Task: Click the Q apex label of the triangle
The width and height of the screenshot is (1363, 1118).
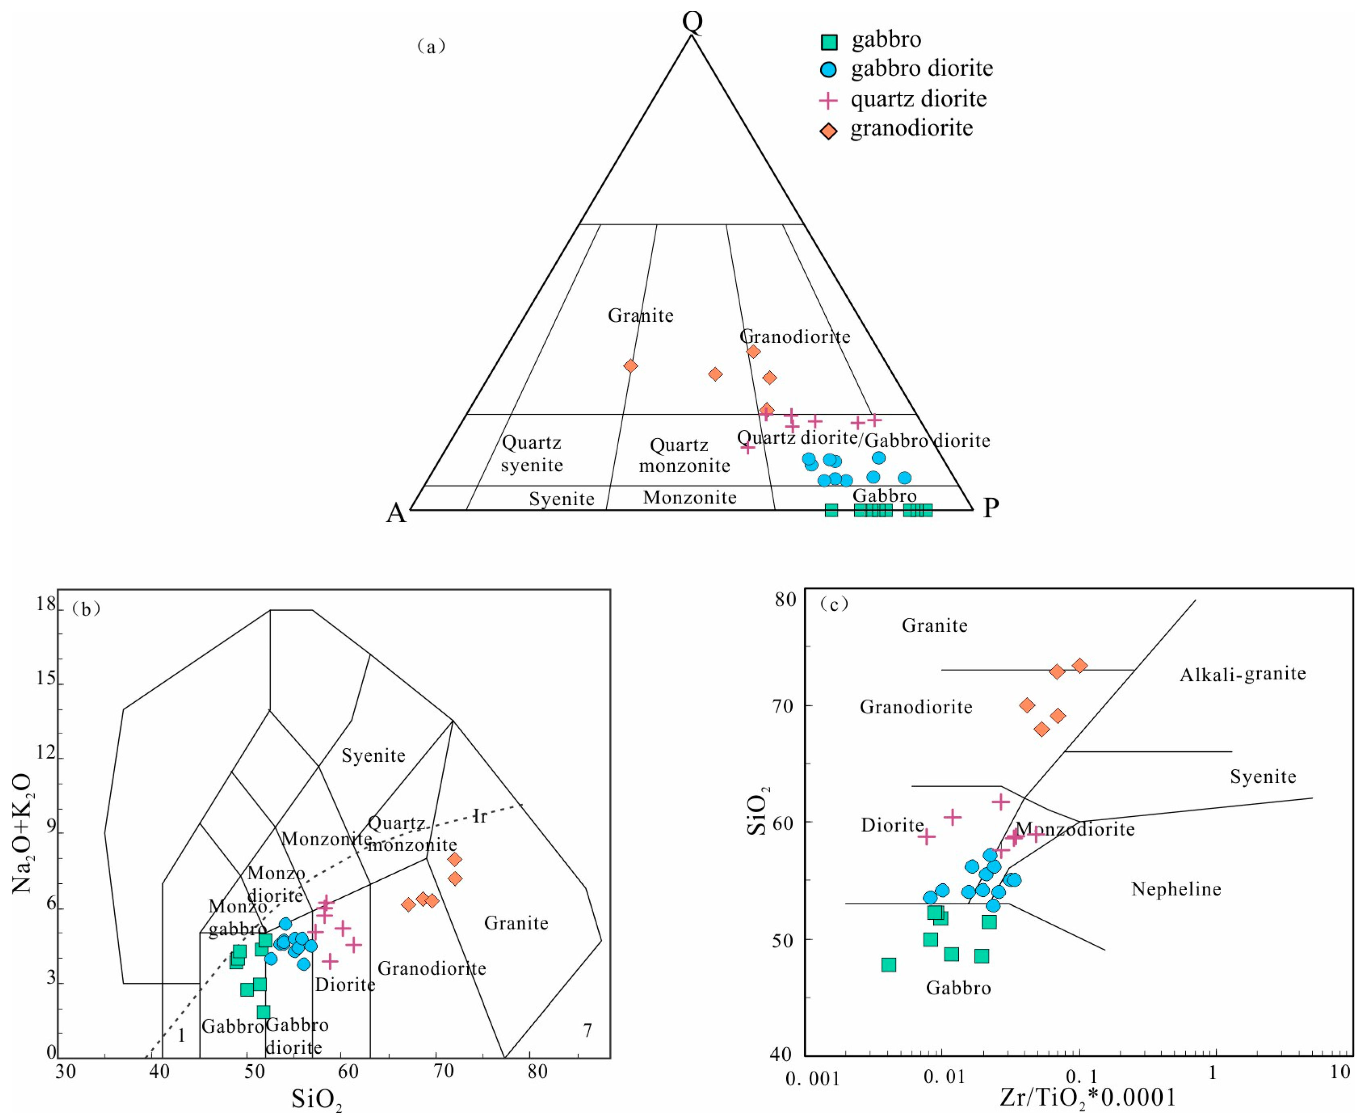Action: coord(692,21)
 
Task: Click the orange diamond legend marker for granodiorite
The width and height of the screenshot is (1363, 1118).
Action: coord(829,131)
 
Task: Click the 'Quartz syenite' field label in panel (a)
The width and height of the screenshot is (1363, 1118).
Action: coord(532,454)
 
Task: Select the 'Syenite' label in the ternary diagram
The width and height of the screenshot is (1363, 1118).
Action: coord(561,499)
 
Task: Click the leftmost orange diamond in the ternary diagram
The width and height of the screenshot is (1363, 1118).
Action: coord(630,366)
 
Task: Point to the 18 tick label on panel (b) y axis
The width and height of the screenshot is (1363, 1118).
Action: coord(46,604)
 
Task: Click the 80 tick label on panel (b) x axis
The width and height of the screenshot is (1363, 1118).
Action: coord(537,1072)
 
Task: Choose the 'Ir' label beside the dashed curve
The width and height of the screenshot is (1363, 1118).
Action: coord(480,817)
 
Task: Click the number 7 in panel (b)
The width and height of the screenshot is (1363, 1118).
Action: coord(587,1031)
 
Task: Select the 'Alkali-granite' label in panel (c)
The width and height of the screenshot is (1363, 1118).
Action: coord(1243,674)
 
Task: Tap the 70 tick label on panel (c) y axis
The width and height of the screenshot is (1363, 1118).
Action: coord(783,706)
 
